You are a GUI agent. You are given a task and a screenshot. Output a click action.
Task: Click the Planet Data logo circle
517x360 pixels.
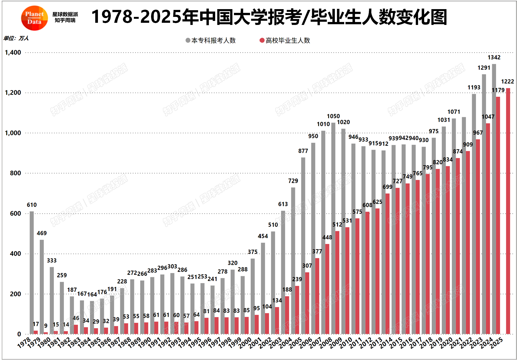coord(34,18)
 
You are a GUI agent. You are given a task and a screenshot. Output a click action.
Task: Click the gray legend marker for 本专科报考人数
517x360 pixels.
coord(188,40)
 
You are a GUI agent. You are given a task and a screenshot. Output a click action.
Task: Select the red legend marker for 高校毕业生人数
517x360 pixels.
coord(262,40)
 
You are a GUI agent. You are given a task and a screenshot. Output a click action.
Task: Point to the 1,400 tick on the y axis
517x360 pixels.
coord(13,53)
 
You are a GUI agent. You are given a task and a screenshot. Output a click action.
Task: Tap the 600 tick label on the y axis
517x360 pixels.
coord(15,214)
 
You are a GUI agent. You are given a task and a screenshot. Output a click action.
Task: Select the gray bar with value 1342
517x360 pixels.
coord(494,199)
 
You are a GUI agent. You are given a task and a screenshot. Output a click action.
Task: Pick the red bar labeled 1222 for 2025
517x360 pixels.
coord(508,211)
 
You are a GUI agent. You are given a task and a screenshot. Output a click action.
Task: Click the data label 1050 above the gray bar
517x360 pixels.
coord(333,116)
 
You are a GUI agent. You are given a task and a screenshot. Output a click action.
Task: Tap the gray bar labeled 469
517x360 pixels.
coord(42,287)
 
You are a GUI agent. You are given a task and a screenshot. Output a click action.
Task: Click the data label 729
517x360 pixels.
coord(293,181)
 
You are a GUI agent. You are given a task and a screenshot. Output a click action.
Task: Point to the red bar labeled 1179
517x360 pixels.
coord(498,215)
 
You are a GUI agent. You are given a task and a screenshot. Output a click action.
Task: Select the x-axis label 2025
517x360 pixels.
coord(497,343)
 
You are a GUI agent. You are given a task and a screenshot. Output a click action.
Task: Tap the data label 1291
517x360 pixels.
coord(484,68)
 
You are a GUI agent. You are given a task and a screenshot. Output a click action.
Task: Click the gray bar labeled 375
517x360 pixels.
coord(253,296)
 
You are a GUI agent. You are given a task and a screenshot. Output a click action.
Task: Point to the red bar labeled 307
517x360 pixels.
coord(307,303)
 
